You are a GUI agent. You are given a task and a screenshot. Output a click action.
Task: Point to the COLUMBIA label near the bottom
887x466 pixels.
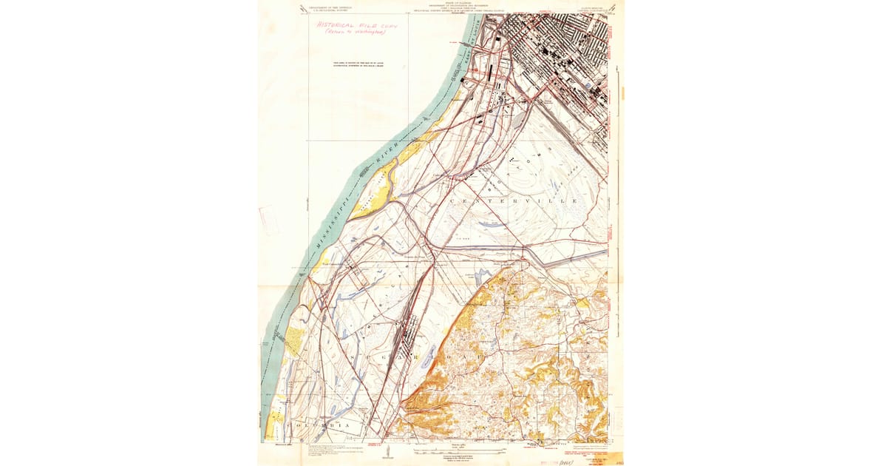pos(322,427)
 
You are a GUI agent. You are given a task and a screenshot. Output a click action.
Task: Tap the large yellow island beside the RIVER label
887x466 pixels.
pos(370,193)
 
